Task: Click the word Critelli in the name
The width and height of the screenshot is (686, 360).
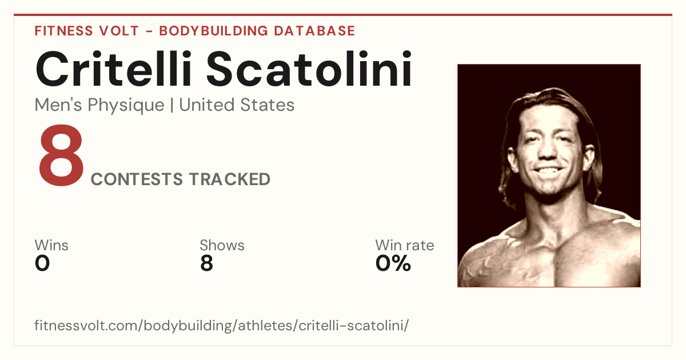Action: point(114,69)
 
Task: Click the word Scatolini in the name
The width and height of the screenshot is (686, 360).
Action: point(309,69)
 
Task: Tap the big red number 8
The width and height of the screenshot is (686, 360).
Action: point(61,155)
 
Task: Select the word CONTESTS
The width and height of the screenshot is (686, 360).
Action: point(137,179)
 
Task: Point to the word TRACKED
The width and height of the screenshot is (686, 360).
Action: point(230,179)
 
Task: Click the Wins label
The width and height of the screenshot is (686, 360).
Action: point(51,245)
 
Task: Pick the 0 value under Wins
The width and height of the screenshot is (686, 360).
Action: point(42,263)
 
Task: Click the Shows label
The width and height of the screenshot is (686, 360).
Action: point(222,245)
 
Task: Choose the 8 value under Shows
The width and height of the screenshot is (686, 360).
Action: point(207,263)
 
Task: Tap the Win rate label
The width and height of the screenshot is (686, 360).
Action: point(405,245)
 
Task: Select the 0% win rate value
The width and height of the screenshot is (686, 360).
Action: point(393,263)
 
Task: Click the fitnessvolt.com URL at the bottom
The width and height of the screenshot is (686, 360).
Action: point(221,326)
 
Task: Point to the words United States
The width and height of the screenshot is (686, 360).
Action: point(237,105)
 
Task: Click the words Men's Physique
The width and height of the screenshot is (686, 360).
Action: point(99,106)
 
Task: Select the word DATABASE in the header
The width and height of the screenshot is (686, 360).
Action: point(314,31)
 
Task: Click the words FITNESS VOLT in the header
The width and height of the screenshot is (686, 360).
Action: point(87,31)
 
